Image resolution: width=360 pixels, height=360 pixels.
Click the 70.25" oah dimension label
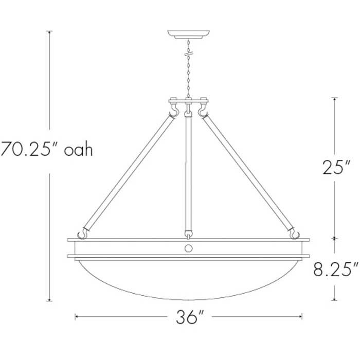46,150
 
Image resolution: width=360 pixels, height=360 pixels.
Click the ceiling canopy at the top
190,34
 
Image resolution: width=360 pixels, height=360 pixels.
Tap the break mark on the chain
190,53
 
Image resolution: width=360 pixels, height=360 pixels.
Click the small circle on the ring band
189,248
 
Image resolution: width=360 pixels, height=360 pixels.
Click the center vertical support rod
189,172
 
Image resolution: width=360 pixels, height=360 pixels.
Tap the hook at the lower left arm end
81,233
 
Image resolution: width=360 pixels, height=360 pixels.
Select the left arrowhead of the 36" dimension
77,317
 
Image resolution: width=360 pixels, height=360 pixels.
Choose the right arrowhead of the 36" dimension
301,317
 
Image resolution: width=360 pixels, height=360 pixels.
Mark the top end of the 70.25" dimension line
49,32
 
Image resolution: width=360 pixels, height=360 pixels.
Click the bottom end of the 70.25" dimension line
49,300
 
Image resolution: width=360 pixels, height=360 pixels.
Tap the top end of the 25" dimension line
335,98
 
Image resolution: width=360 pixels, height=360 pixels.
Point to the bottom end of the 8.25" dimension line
335,299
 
